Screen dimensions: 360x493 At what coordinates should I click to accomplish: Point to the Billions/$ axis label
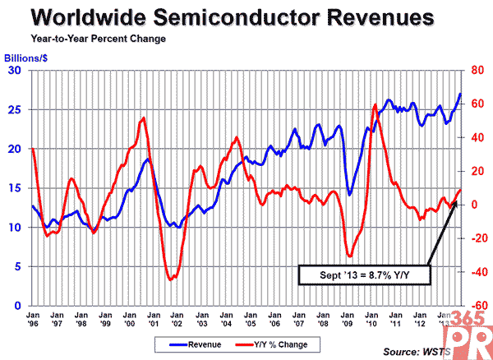(27, 59)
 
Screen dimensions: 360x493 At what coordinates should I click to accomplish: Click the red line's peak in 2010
(375, 105)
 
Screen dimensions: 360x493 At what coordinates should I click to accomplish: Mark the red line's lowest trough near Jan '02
(171, 279)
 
